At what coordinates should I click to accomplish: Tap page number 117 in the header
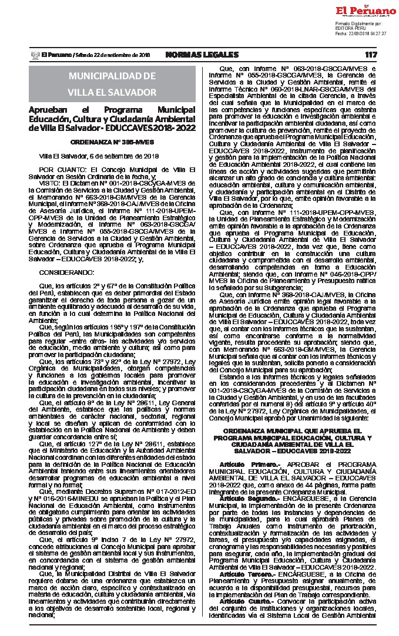[x=370, y=55]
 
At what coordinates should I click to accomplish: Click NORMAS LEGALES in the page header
[x=202, y=55]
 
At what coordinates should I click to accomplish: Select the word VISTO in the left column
[x=50, y=183]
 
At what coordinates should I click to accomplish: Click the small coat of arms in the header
[x=33, y=55]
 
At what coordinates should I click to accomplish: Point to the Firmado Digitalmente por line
[x=358, y=23]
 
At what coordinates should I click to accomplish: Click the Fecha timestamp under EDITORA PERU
[x=361, y=33]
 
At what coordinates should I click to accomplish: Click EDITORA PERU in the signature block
[x=351, y=29]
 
